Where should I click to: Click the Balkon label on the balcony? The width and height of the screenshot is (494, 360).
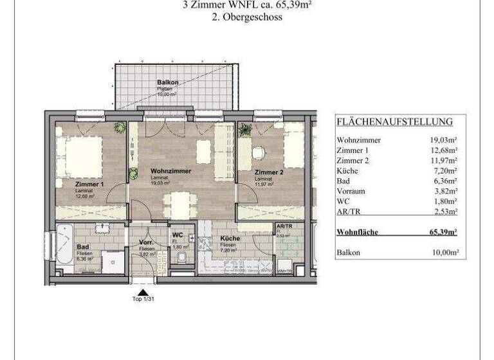167,83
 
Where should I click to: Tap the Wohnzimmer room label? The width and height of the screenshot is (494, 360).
172,171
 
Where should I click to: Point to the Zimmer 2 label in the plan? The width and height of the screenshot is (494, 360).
268,173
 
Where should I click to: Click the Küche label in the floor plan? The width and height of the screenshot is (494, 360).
230,239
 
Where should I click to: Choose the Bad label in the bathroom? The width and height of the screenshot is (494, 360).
83,246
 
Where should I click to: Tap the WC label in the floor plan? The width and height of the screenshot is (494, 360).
178,234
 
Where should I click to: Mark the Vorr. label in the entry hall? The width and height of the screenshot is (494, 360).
145,242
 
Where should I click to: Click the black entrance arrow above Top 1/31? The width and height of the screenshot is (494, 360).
143,292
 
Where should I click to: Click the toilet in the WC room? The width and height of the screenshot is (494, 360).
181,258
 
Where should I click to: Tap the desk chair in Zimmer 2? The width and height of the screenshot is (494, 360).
259,153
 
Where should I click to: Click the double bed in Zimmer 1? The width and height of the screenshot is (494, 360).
82,157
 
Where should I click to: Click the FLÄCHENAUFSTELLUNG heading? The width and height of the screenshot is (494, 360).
394,122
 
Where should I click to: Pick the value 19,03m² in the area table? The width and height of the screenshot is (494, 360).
444,139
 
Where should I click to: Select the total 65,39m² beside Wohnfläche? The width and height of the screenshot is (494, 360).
444,232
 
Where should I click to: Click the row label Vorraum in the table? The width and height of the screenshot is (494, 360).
352,191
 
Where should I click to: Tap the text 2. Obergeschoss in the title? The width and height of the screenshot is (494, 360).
247,18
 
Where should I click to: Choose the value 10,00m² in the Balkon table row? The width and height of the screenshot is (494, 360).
444,253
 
